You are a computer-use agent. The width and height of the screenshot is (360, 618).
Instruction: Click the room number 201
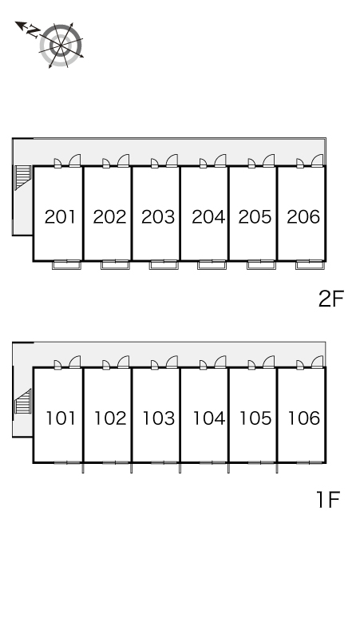point(60,216)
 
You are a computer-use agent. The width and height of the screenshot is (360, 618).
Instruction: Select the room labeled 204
point(208,216)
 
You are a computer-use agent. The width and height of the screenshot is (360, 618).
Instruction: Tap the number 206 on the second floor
point(303,216)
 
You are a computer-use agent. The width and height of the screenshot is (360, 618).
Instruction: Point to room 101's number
point(60,418)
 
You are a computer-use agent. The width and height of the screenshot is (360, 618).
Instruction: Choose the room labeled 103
point(158,418)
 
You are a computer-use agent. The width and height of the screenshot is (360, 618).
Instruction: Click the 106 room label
point(303,418)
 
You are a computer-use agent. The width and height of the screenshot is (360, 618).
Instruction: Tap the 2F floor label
point(331,299)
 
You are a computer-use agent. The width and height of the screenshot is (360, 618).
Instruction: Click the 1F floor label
point(328,500)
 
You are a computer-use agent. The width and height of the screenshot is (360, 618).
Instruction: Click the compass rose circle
point(61,46)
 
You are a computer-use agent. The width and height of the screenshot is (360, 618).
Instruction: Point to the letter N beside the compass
point(33,31)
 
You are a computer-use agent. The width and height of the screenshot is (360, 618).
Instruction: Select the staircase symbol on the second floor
point(23,177)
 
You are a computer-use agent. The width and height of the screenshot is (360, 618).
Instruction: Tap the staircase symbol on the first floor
point(23,402)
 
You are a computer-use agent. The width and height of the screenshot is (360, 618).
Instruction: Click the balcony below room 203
point(164,265)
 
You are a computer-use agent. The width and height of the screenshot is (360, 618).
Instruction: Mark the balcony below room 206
point(310,265)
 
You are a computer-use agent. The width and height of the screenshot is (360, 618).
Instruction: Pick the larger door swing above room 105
point(269,362)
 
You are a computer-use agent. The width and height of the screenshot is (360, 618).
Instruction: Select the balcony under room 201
point(66,265)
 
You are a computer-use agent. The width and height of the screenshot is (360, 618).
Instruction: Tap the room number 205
point(255,216)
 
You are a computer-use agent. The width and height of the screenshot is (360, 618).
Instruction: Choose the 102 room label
point(110,418)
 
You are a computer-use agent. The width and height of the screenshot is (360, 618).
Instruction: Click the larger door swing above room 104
point(220,362)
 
